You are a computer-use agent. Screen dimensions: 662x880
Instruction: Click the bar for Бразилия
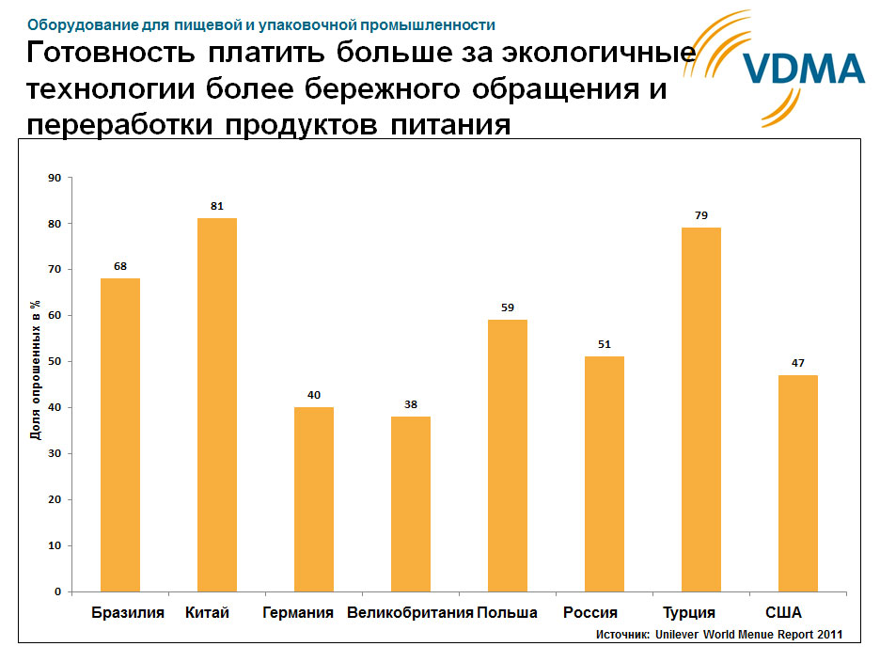(120, 434)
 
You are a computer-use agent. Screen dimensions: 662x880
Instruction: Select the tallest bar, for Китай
(217, 404)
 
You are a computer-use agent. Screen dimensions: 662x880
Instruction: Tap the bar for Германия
(314, 498)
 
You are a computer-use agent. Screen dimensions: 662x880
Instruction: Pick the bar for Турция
(700, 409)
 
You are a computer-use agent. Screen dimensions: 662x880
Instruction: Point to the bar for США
(797, 482)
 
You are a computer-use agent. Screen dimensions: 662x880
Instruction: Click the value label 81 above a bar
(217, 206)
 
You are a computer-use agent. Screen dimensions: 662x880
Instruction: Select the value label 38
(411, 403)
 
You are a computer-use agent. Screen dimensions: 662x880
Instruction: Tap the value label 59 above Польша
(508, 307)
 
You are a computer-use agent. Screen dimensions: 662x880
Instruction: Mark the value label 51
(604, 344)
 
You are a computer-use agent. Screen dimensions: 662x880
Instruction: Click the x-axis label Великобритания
(410, 613)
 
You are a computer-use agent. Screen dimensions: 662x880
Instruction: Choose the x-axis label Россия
(590, 613)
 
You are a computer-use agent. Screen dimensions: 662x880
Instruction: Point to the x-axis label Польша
(508, 613)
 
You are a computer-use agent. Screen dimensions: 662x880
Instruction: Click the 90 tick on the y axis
(54, 178)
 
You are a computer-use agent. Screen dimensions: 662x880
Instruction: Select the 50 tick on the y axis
(54, 362)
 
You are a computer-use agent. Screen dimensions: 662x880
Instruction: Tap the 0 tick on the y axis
(57, 592)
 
